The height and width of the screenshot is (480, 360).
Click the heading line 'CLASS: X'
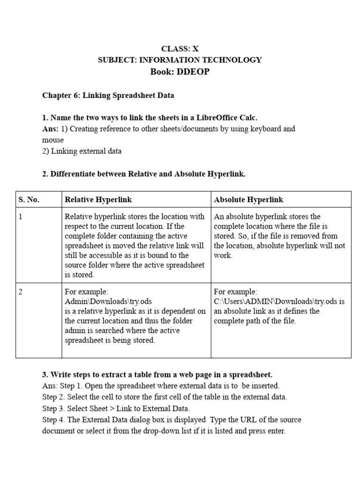180,49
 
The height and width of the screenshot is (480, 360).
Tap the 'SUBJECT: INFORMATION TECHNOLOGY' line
180,60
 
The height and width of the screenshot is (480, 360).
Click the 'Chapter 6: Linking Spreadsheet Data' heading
108,95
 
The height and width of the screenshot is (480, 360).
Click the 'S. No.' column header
29,200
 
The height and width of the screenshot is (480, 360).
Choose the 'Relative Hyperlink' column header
98,200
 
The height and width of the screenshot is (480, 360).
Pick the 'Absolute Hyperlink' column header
248,200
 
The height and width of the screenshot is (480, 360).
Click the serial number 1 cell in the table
21,217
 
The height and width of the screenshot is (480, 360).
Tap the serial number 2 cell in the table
21,292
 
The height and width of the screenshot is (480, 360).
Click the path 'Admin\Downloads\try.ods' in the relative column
108,301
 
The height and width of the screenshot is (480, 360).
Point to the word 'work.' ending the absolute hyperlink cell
223,256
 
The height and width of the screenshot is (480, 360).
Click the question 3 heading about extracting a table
157,375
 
